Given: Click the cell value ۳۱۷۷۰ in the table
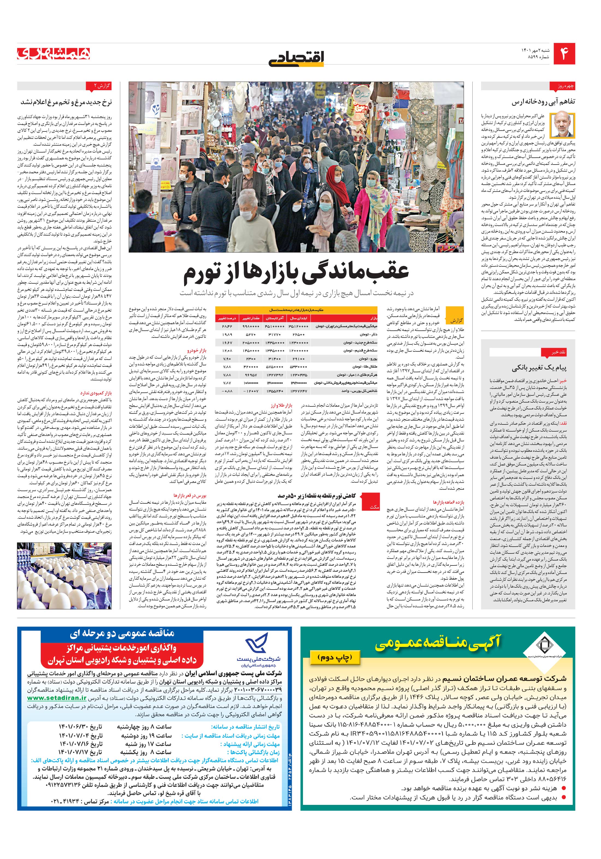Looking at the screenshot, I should pyautogui.click(x=275, y=334).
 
